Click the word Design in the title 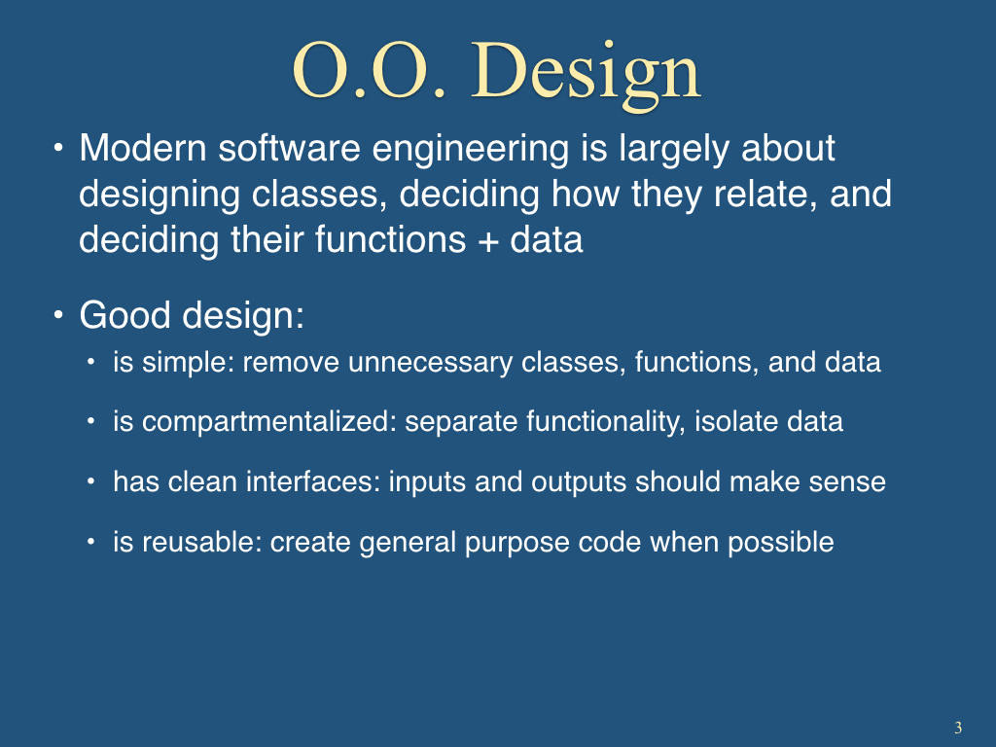(585, 73)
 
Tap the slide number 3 (958, 728)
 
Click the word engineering (470, 150)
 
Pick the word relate (765, 195)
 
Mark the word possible (781, 543)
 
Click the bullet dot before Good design (58, 315)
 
